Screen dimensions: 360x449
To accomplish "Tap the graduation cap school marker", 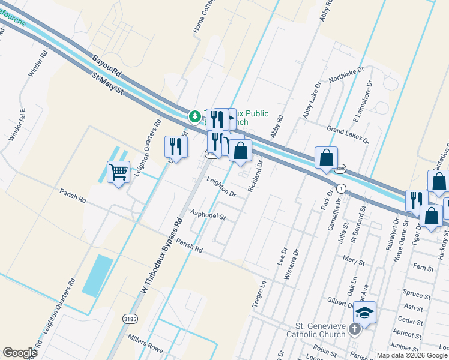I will click(x=364, y=313).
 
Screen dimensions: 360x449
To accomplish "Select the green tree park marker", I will click(x=194, y=116).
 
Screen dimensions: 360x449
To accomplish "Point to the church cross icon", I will click(x=355, y=329).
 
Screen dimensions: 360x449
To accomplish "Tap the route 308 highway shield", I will click(x=340, y=169).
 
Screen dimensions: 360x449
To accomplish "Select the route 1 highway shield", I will click(x=341, y=188).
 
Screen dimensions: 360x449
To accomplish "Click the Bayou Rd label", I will click(x=107, y=65).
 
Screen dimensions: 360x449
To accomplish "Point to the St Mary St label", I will click(x=107, y=85).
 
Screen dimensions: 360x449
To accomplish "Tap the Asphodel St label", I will click(x=207, y=214).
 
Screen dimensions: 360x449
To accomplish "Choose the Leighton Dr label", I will click(x=221, y=188).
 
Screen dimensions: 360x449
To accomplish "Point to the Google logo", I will click(x=20, y=353).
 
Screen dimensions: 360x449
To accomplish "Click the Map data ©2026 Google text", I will click(x=412, y=355).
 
